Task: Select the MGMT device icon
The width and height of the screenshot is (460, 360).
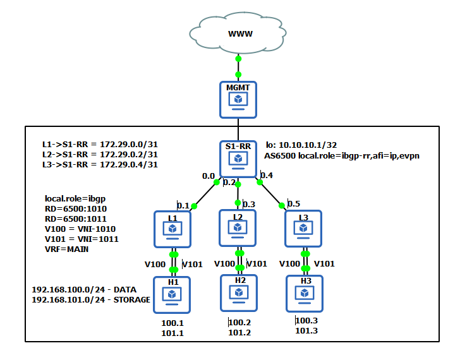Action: pyautogui.click(x=238, y=99)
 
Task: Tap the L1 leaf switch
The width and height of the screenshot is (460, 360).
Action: pyautogui.click(x=172, y=229)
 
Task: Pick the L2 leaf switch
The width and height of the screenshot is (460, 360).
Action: pyautogui.click(x=238, y=228)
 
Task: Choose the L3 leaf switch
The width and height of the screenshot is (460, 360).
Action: pyautogui.click(x=304, y=229)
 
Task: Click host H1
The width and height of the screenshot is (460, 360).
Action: pyautogui.click(x=172, y=293)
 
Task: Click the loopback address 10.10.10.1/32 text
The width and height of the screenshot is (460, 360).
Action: pyautogui.click(x=301, y=145)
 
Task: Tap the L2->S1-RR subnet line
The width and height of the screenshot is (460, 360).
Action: pyautogui.click(x=100, y=154)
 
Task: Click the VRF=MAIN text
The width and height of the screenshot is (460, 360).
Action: pyautogui.click(x=68, y=249)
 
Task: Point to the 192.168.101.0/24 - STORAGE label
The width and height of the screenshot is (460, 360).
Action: pyautogui.click(x=91, y=300)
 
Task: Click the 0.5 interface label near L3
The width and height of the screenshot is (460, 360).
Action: pyautogui.click(x=294, y=203)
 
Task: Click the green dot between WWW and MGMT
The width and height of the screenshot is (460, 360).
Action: pyautogui.click(x=238, y=59)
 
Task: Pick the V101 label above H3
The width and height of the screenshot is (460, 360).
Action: pyautogui.click(x=324, y=264)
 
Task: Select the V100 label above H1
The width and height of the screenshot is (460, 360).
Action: pyautogui.click(x=155, y=264)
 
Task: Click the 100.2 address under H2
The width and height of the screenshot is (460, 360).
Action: pyautogui.click(x=239, y=323)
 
